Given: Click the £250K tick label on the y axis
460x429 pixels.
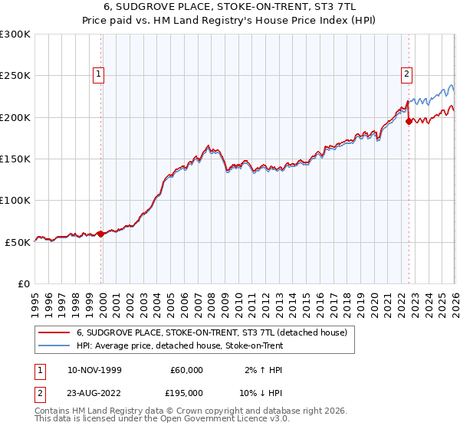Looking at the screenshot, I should [15, 76].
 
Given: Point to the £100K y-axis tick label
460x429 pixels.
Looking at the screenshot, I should [15, 200].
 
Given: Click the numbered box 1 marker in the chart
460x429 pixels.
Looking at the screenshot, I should [100, 74].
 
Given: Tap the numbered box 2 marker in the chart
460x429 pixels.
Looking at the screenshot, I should [408, 74].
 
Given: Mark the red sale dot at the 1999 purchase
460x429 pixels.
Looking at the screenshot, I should [100, 234].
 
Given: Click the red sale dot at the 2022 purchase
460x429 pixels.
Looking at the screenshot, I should [409, 122].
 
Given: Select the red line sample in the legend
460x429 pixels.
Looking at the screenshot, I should [54, 332].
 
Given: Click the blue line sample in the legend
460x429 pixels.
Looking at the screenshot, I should [54, 345].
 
